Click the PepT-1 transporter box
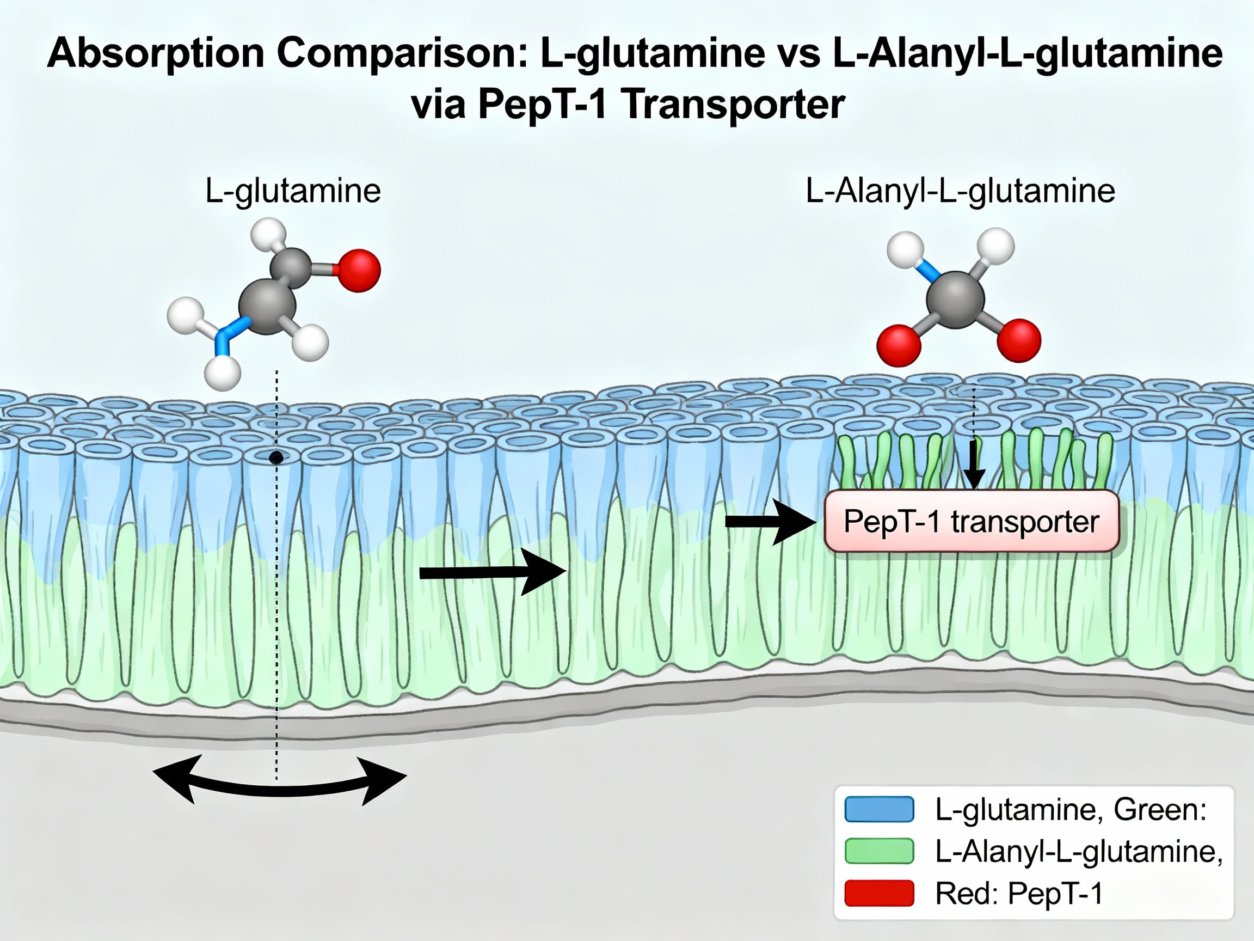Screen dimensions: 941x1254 coord(972,521)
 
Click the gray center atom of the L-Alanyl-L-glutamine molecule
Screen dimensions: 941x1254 coord(956,300)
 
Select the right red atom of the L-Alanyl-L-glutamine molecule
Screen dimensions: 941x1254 coord(1019,340)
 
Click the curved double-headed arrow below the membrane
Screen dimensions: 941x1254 coord(280,790)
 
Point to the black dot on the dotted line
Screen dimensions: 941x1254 coord(276,458)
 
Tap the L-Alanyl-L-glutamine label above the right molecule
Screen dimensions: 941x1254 coord(960,191)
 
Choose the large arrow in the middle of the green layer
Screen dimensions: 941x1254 coord(493,573)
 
